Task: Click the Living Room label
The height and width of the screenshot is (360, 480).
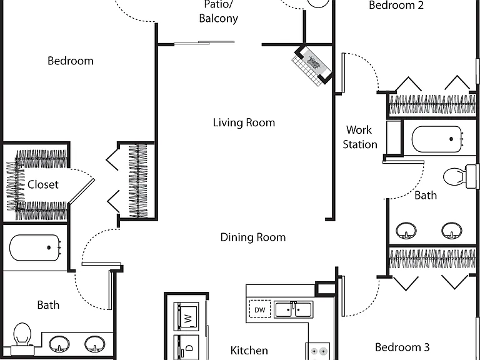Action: coord(244,122)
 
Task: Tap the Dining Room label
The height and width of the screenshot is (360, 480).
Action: coord(253,237)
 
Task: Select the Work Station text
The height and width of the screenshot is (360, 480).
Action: coord(360,137)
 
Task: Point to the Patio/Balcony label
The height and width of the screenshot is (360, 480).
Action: coord(218,12)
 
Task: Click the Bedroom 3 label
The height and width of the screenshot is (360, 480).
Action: coord(402,347)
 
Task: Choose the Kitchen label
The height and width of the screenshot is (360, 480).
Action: coord(249,350)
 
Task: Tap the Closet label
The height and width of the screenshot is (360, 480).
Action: coord(43,184)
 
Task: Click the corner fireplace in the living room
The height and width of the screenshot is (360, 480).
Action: coord(312,65)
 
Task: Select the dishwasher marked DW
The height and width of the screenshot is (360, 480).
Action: coord(259,309)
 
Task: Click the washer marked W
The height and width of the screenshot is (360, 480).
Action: coord(186,317)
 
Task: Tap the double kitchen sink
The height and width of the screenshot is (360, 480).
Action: coord(293,309)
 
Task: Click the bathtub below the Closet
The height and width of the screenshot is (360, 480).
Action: coord(35,247)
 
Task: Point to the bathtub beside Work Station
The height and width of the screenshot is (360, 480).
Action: coord(437,139)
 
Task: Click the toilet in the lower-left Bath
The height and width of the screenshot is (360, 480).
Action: coord(22,339)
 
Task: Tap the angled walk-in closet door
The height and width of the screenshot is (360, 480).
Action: coord(82,191)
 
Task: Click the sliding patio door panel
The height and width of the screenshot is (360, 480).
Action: coord(204,43)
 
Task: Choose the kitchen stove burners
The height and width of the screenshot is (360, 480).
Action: coord(317,351)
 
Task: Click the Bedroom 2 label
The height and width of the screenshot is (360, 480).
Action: coord(396,5)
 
